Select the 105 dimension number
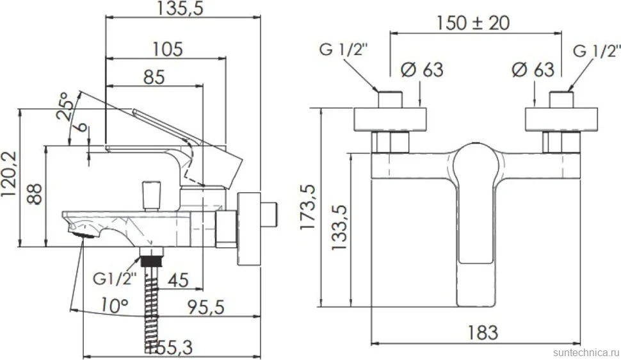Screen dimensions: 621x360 coord(168,49)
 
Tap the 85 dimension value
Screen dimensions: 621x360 coord(154,77)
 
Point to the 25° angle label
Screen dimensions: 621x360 coord(66,106)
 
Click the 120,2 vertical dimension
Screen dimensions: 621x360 coord(10,174)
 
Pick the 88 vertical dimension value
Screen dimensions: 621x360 coord(35,193)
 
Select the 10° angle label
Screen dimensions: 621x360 coord(115,305)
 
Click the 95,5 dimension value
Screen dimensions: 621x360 coord(206,307)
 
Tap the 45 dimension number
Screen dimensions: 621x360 coord(178,280)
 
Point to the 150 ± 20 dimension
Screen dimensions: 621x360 coord(473,22)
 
